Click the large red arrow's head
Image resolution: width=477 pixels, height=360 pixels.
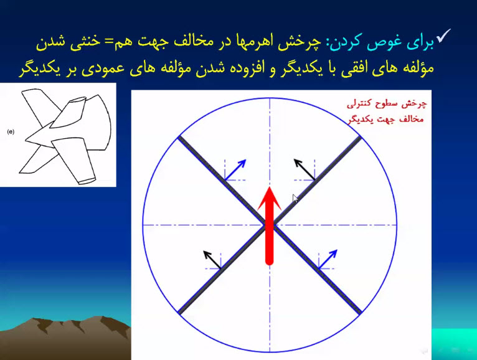coord(270,199)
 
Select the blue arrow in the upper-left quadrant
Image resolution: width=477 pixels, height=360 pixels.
coord(235,170)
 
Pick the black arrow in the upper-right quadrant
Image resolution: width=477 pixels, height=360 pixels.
coord(305,169)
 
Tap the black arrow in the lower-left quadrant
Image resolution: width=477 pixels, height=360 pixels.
coord(212,260)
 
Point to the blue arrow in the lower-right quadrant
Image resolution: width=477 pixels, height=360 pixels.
coord(328,259)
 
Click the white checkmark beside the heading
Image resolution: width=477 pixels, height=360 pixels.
coord(443,36)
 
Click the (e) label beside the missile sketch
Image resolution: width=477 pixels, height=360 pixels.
coord(11,132)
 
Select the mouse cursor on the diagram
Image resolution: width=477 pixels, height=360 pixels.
coord(295,199)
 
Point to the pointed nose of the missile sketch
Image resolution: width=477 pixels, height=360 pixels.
coord(26,140)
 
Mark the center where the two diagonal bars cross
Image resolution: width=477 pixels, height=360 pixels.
coord(270,225)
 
